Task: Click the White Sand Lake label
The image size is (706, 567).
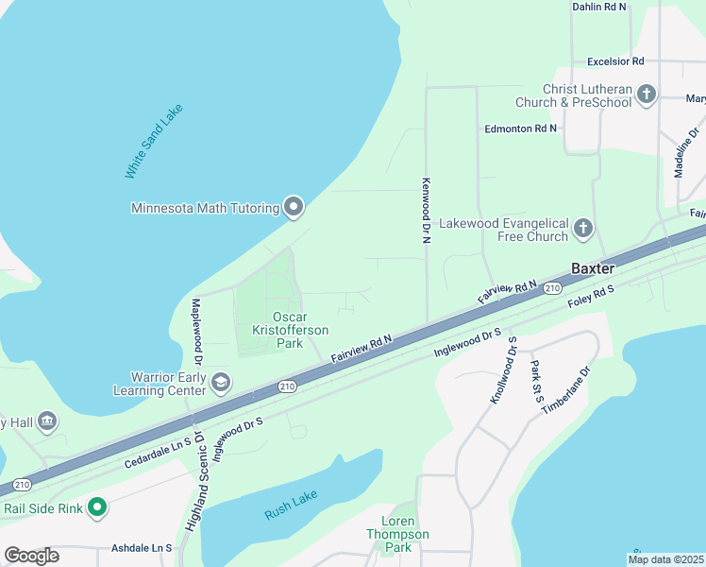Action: tap(153, 142)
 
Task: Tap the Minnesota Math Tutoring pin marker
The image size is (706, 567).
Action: tap(294, 207)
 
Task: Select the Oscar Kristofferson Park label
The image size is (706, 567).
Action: tap(289, 330)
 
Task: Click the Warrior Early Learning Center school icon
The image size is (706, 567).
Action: tap(222, 382)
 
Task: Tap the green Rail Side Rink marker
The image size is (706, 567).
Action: tap(96, 508)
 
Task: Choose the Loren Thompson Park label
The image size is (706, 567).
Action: tap(404, 534)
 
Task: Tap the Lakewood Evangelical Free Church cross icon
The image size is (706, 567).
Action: tap(583, 228)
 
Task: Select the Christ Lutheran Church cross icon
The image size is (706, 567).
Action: tap(647, 94)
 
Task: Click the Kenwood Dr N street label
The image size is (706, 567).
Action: tap(426, 210)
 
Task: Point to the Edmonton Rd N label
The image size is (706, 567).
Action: tap(520, 128)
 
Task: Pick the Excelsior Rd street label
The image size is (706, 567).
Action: tap(614, 61)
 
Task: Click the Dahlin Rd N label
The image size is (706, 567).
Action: tap(599, 7)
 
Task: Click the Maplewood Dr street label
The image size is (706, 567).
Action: tap(198, 333)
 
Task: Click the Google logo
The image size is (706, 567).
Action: tap(31, 556)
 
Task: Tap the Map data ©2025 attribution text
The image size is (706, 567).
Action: tap(665, 559)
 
